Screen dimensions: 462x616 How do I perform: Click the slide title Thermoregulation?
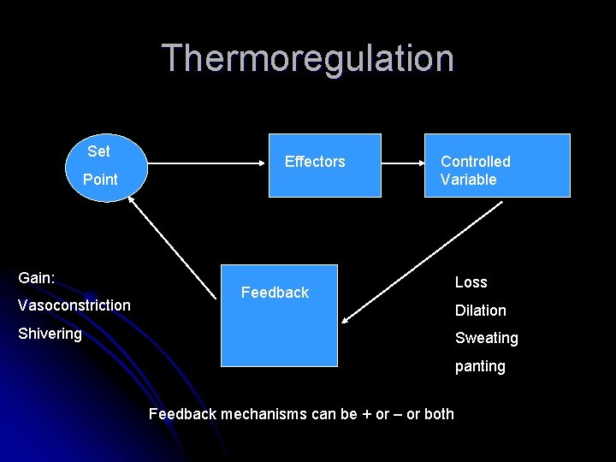[308, 58]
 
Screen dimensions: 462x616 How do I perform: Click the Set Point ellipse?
[101, 166]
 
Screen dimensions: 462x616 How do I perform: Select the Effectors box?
[324, 165]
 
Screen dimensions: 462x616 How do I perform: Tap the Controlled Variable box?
[497, 165]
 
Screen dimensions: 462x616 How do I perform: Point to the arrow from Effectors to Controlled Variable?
[403, 160]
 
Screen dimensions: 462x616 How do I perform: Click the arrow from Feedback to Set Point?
[171, 247]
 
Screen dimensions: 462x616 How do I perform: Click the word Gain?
[37, 278]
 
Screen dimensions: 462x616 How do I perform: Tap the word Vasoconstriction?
[74, 305]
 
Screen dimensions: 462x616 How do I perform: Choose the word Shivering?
[50, 334]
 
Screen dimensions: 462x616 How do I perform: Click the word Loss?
[471, 282]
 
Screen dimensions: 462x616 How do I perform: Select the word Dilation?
[480, 311]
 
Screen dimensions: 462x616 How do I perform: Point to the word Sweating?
[486, 338]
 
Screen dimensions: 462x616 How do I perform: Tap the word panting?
[480, 366]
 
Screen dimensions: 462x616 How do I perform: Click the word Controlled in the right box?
[475, 162]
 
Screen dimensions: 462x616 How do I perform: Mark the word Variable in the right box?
[468, 180]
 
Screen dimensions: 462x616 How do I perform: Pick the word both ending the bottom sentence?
[439, 414]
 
